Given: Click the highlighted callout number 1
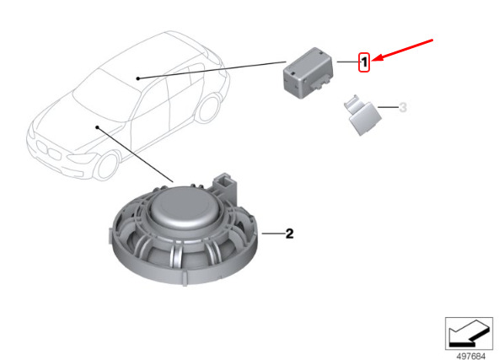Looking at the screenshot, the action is pyautogui.click(x=364, y=62).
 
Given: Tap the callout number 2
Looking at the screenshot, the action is pyautogui.click(x=289, y=234).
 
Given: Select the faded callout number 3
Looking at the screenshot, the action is pyautogui.click(x=403, y=107).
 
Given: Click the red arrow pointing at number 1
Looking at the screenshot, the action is pyautogui.click(x=403, y=50).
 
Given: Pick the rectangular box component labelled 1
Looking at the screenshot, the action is pyautogui.click(x=308, y=73).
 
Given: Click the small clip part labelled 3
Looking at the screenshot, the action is pyautogui.click(x=362, y=115).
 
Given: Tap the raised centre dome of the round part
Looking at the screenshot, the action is pyautogui.click(x=184, y=207).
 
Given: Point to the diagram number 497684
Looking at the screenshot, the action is pyautogui.click(x=471, y=356).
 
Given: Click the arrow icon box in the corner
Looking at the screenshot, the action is pyautogui.click(x=469, y=333).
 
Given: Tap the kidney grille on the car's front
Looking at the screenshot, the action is pyautogui.click(x=49, y=151).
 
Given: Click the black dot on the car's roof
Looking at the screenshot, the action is pyautogui.click(x=137, y=78).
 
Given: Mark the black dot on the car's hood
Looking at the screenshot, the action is pyautogui.click(x=98, y=127).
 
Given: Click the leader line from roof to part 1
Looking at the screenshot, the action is pyautogui.click(x=212, y=70).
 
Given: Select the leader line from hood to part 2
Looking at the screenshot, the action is pyautogui.click(x=135, y=154).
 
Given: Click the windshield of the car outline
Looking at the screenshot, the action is pyautogui.click(x=106, y=96).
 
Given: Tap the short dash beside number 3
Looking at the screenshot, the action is pyautogui.click(x=388, y=107).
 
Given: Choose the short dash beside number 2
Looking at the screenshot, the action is pyautogui.click(x=273, y=234).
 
